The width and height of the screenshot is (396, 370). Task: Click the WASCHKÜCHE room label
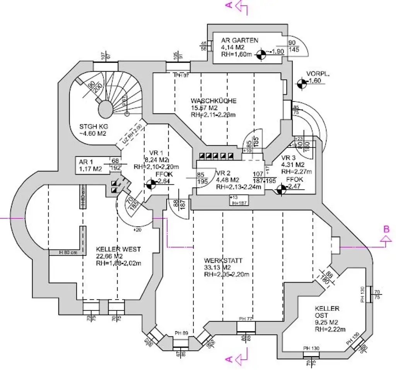(213, 101)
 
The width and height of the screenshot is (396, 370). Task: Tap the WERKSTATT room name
(223, 261)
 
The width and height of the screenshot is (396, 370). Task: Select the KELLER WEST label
(118, 249)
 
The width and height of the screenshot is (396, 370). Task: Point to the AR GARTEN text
(240, 40)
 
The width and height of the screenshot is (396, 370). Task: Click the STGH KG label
(93, 127)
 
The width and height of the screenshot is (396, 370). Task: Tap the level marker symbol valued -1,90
(262, 55)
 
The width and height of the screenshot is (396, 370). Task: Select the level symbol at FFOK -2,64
(150, 185)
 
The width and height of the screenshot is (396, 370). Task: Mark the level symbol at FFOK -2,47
(282, 189)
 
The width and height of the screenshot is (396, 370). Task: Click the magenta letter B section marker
(386, 229)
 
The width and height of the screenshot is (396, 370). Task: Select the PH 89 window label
(181, 333)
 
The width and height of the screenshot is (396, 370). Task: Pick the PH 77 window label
(246, 319)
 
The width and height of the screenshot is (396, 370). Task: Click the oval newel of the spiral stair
(105, 106)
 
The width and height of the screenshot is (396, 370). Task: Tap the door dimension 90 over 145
(293, 46)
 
